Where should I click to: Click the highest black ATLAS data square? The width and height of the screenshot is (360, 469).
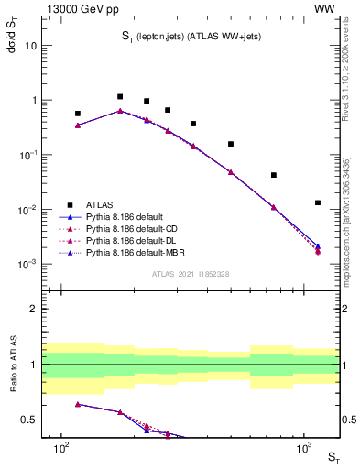coord(120,96)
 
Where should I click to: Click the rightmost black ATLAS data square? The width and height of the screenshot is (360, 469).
coord(318,202)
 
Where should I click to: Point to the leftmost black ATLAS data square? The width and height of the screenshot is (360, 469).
coord(78,114)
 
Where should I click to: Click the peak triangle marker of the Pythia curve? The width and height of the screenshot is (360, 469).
coord(120,111)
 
